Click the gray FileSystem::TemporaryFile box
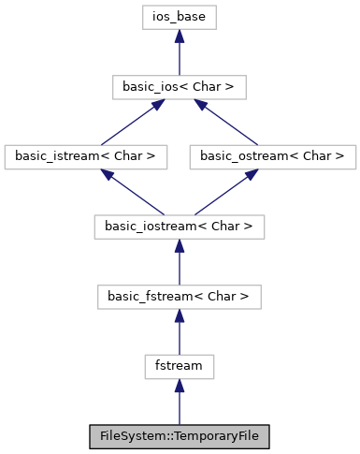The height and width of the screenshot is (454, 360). tap(180, 436)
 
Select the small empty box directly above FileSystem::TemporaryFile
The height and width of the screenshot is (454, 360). tap(180, 367)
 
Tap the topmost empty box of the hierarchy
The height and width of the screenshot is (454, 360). tap(180, 17)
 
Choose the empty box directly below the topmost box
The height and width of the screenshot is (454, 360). tap(180, 87)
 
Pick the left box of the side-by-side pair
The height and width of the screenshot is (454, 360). tap(86, 157)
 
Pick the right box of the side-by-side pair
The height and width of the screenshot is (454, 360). tap(272, 157)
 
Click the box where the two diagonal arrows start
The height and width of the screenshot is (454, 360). tap(180, 227)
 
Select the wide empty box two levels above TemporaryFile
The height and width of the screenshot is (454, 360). tap(180, 298)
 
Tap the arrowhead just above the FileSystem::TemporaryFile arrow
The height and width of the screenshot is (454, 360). tap(180, 386)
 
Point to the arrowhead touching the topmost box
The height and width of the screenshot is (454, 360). tap(180, 37)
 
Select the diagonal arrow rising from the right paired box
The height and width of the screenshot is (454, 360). tap(227, 123)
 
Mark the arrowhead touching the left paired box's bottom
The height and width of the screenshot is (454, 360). tap(108, 175)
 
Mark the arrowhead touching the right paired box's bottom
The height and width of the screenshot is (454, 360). tap(250, 175)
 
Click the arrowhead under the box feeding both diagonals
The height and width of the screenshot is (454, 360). tap(180, 246)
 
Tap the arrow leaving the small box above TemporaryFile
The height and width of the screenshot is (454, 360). tap(180, 336)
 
